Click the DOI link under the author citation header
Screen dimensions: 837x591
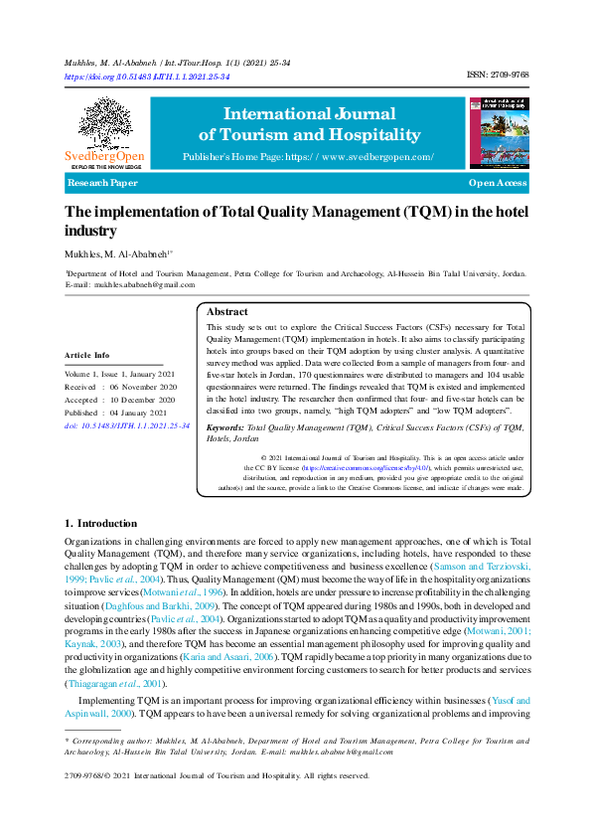[147, 76]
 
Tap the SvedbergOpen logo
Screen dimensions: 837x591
[104, 134]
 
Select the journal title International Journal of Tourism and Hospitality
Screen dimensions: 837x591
[309, 124]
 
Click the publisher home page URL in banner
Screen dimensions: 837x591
[308, 157]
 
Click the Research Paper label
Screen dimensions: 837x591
[102, 184]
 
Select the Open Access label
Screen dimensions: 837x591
[498, 184]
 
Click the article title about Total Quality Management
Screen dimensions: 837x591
[296, 220]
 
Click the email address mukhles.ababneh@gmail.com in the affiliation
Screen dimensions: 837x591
[144, 284]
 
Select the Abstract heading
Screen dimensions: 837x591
[226, 311]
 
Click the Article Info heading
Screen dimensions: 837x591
[87, 355]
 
